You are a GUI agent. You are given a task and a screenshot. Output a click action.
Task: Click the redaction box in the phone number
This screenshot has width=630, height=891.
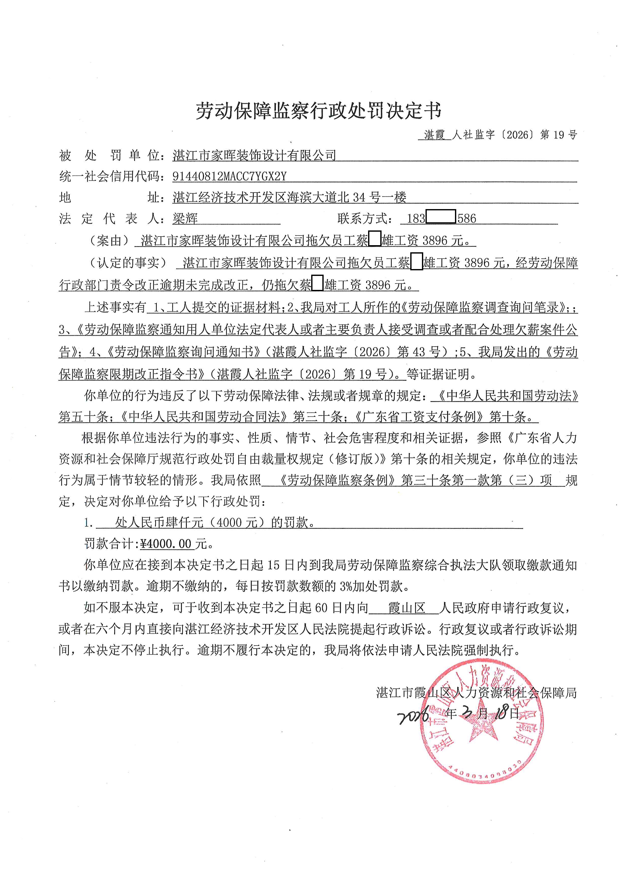(441, 216)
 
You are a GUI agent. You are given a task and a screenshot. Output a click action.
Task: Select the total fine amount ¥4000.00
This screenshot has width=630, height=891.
(166, 544)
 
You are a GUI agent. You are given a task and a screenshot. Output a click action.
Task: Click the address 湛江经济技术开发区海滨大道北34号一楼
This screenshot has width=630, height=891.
(289, 198)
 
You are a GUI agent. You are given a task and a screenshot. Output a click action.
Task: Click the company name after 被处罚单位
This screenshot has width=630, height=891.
(254, 156)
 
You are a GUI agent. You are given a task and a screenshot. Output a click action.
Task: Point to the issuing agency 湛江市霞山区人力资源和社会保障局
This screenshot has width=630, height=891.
(476, 692)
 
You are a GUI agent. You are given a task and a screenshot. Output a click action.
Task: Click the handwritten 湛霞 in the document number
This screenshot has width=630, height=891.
(434, 135)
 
